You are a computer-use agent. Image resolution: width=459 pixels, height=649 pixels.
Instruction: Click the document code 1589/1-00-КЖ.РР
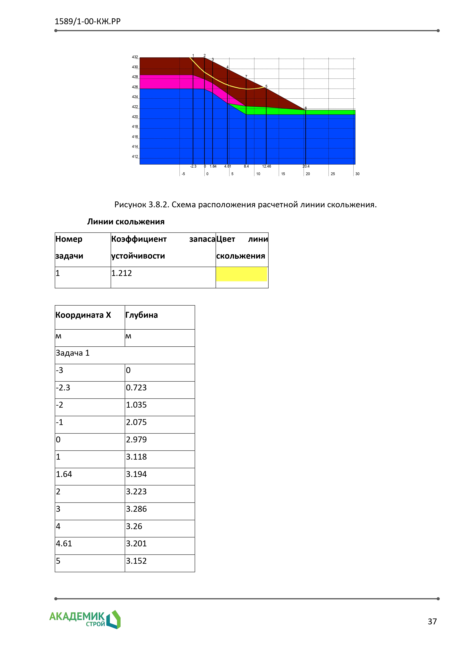(88, 21)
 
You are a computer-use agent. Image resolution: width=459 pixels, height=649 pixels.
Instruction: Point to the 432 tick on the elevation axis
(135, 57)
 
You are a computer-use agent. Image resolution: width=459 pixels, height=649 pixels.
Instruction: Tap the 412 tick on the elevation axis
(135, 157)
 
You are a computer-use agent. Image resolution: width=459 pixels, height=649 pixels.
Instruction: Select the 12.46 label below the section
(266, 166)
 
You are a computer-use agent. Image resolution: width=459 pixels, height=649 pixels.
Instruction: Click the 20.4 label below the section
(306, 166)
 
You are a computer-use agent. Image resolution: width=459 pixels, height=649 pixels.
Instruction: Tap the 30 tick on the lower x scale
(357, 174)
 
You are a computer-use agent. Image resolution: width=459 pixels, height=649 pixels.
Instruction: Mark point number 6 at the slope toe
(306, 108)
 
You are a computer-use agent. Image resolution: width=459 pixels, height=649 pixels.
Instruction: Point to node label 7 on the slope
(246, 77)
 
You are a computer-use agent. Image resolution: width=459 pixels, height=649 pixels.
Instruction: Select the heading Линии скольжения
(126, 222)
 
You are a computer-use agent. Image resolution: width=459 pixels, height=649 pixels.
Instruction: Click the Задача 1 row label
(73, 353)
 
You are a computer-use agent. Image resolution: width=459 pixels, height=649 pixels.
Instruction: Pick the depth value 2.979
(136, 440)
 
